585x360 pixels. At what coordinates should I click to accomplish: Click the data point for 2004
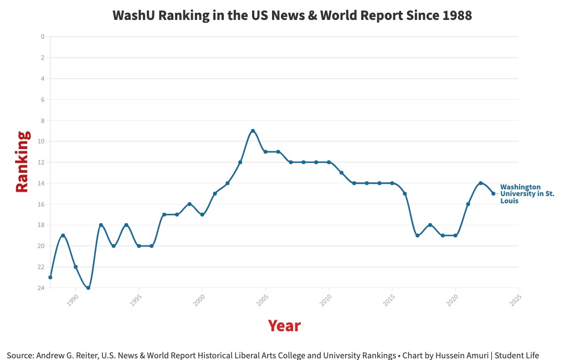(x=253, y=131)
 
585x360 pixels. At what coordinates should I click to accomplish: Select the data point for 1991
(x=88, y=287)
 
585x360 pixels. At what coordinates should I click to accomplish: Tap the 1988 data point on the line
(x=50, y=277)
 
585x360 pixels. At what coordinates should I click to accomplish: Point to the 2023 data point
(x=493, y=193)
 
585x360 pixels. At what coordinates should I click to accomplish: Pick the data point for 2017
(x=417, y=235)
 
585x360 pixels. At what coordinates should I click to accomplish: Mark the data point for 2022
(x=480, y=183)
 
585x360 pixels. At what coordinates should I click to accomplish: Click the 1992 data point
(x=101, y=225)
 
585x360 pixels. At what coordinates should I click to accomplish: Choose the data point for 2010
(x=329, y=162)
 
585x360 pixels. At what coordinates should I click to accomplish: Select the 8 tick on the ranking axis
(x=42, y=120)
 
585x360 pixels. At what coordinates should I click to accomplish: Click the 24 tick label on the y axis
(x=41, y=287)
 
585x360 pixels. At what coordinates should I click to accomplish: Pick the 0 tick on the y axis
(x=42, y=37)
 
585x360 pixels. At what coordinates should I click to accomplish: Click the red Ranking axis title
(x=22, y=161)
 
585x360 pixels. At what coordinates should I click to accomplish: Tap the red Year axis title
(x=284, y=326)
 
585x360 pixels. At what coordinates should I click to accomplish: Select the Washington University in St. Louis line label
(x=527, y=194)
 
